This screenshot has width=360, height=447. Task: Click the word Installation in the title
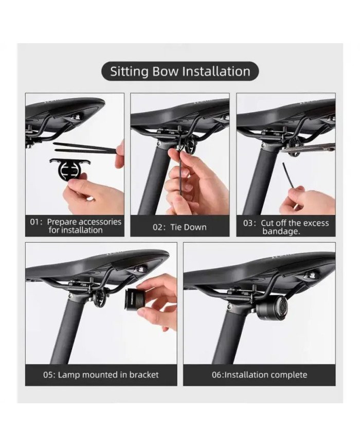click(217, 71)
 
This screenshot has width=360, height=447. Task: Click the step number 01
click(35, 222)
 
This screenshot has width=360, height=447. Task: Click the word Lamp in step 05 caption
click(68, 374)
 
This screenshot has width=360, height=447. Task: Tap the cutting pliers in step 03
click(309, 149)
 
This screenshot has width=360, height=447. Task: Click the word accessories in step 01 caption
click(98, 222)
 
